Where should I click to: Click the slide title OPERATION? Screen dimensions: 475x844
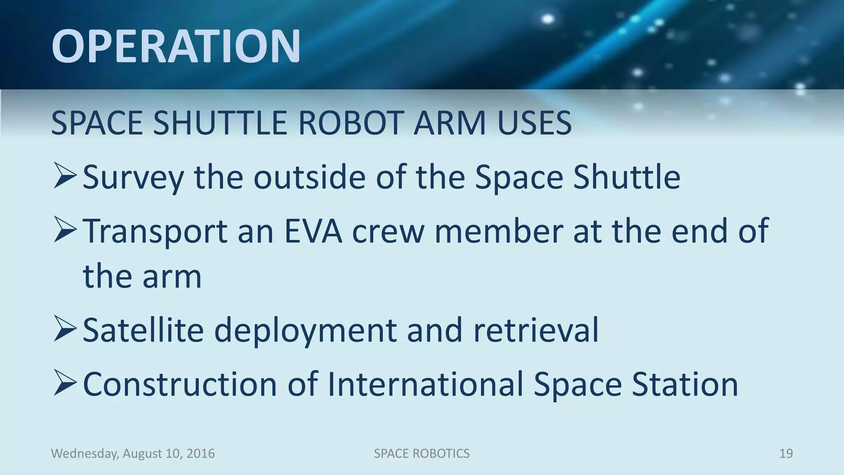coord(176,46)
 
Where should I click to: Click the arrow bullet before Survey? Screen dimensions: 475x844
coord(65,176)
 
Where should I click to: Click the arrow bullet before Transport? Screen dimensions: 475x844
coord(65,230)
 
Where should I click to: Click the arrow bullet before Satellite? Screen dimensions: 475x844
coord(65,329)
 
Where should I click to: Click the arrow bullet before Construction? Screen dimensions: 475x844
coord(65,383)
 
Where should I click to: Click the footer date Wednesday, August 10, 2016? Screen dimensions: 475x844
coord(133,454)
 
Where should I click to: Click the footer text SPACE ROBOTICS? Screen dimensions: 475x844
coord(422,454)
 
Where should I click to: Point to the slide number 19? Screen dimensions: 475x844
coord(786,454)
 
